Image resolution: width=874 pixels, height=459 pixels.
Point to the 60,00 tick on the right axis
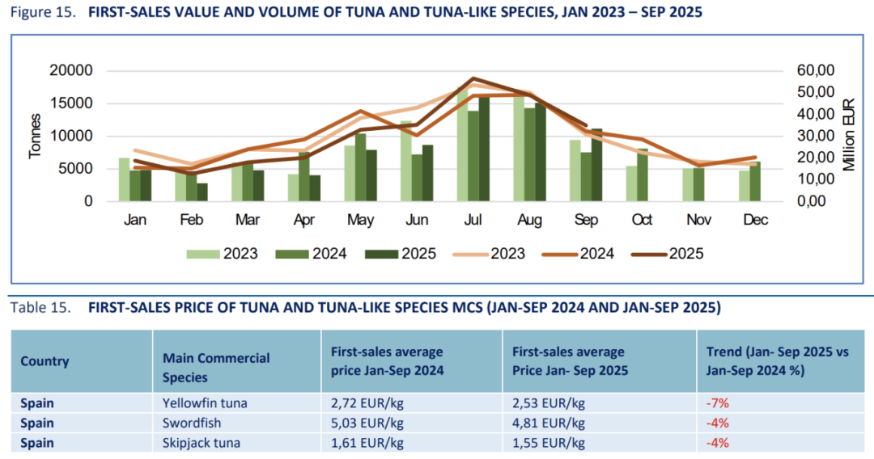(812, 70)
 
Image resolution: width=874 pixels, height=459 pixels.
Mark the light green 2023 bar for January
(124, 179)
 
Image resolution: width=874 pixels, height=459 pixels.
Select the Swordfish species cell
(191, 423)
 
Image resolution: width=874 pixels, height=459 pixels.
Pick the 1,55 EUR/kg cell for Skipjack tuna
(549, 442)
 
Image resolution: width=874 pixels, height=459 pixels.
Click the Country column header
(45, 361)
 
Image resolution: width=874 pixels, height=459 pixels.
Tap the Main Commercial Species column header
(216, 368)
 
